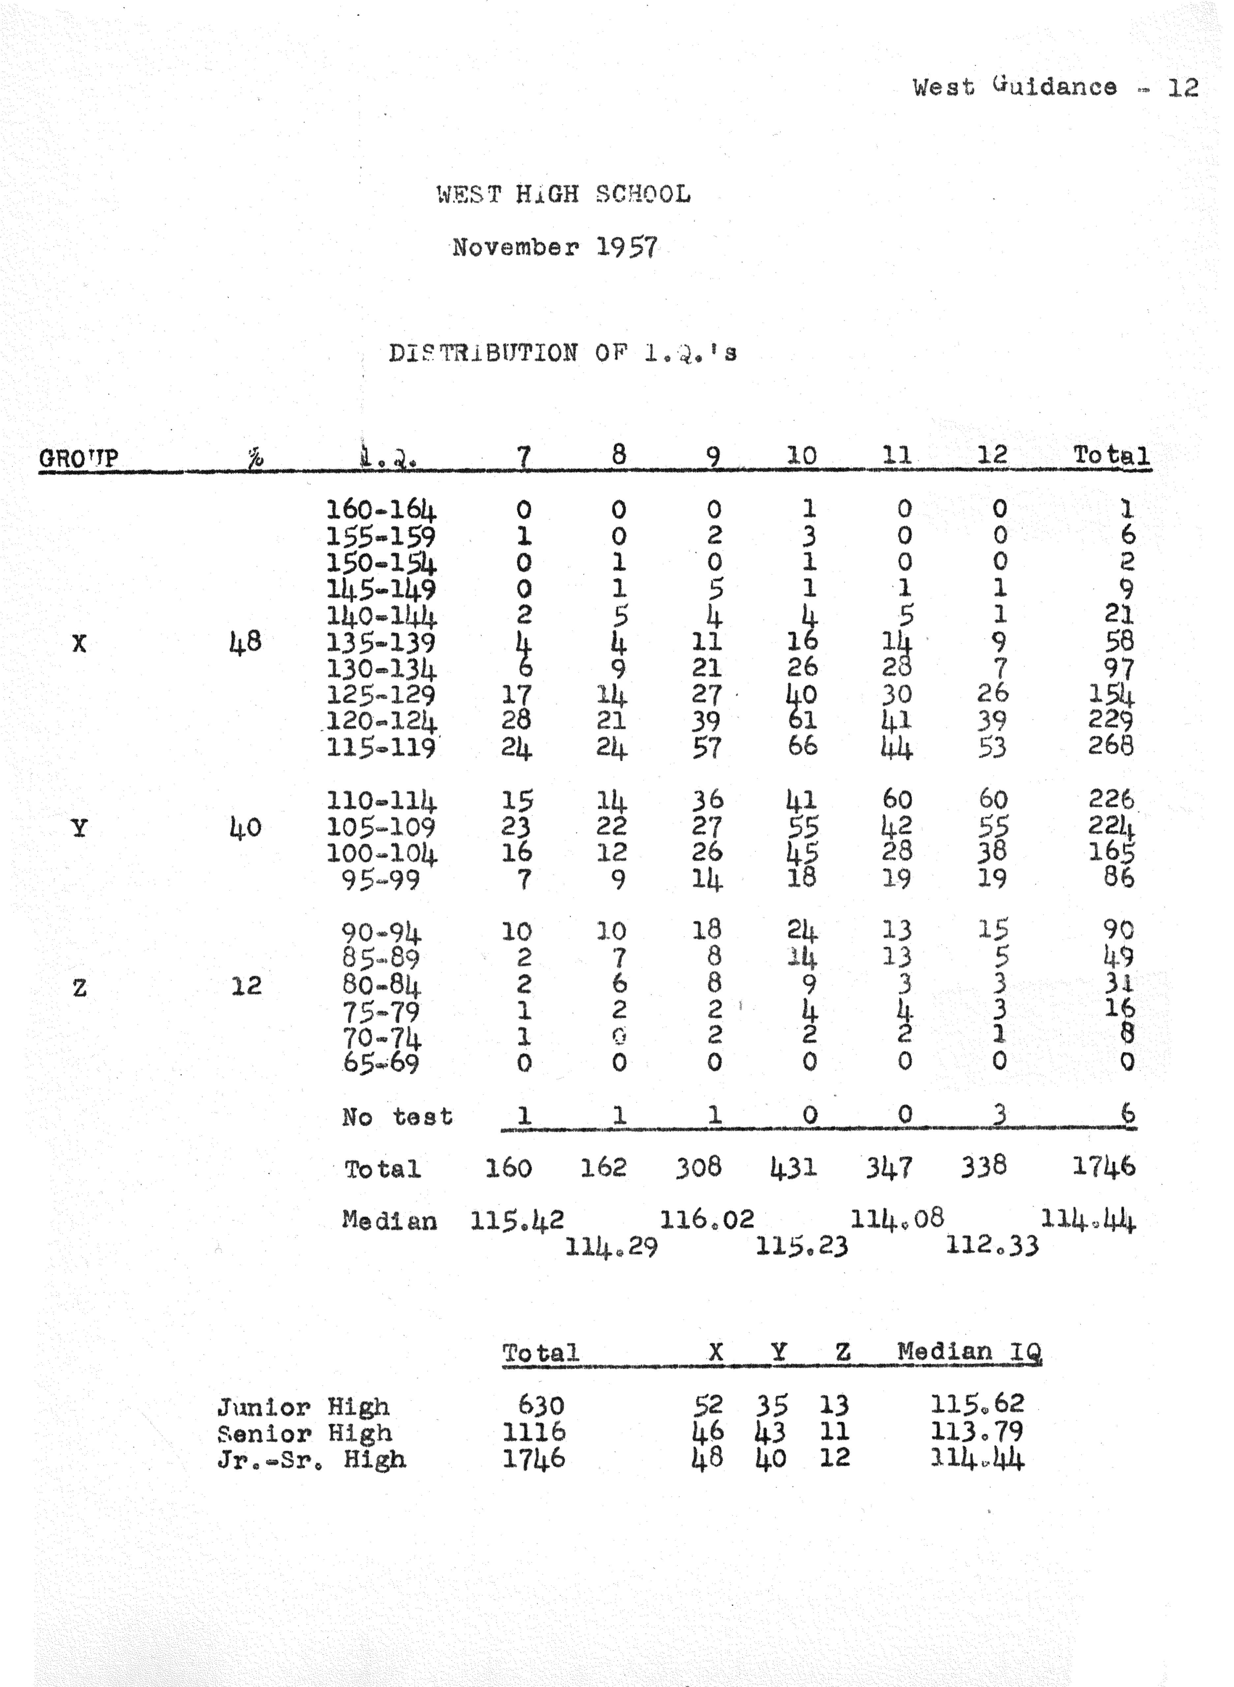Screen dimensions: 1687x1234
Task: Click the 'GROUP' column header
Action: (78, 457)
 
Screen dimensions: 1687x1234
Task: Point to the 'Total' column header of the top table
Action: (1111, 455)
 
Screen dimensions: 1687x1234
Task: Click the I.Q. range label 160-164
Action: (381, 510)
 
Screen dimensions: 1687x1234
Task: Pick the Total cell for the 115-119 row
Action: (1111, 746)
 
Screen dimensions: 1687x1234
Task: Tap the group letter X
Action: (79, 643)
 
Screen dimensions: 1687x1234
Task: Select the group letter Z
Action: (79, 988)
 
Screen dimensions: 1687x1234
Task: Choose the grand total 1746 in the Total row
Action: (1103, 1166)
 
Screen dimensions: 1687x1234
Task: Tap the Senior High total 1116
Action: (534, 1432)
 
